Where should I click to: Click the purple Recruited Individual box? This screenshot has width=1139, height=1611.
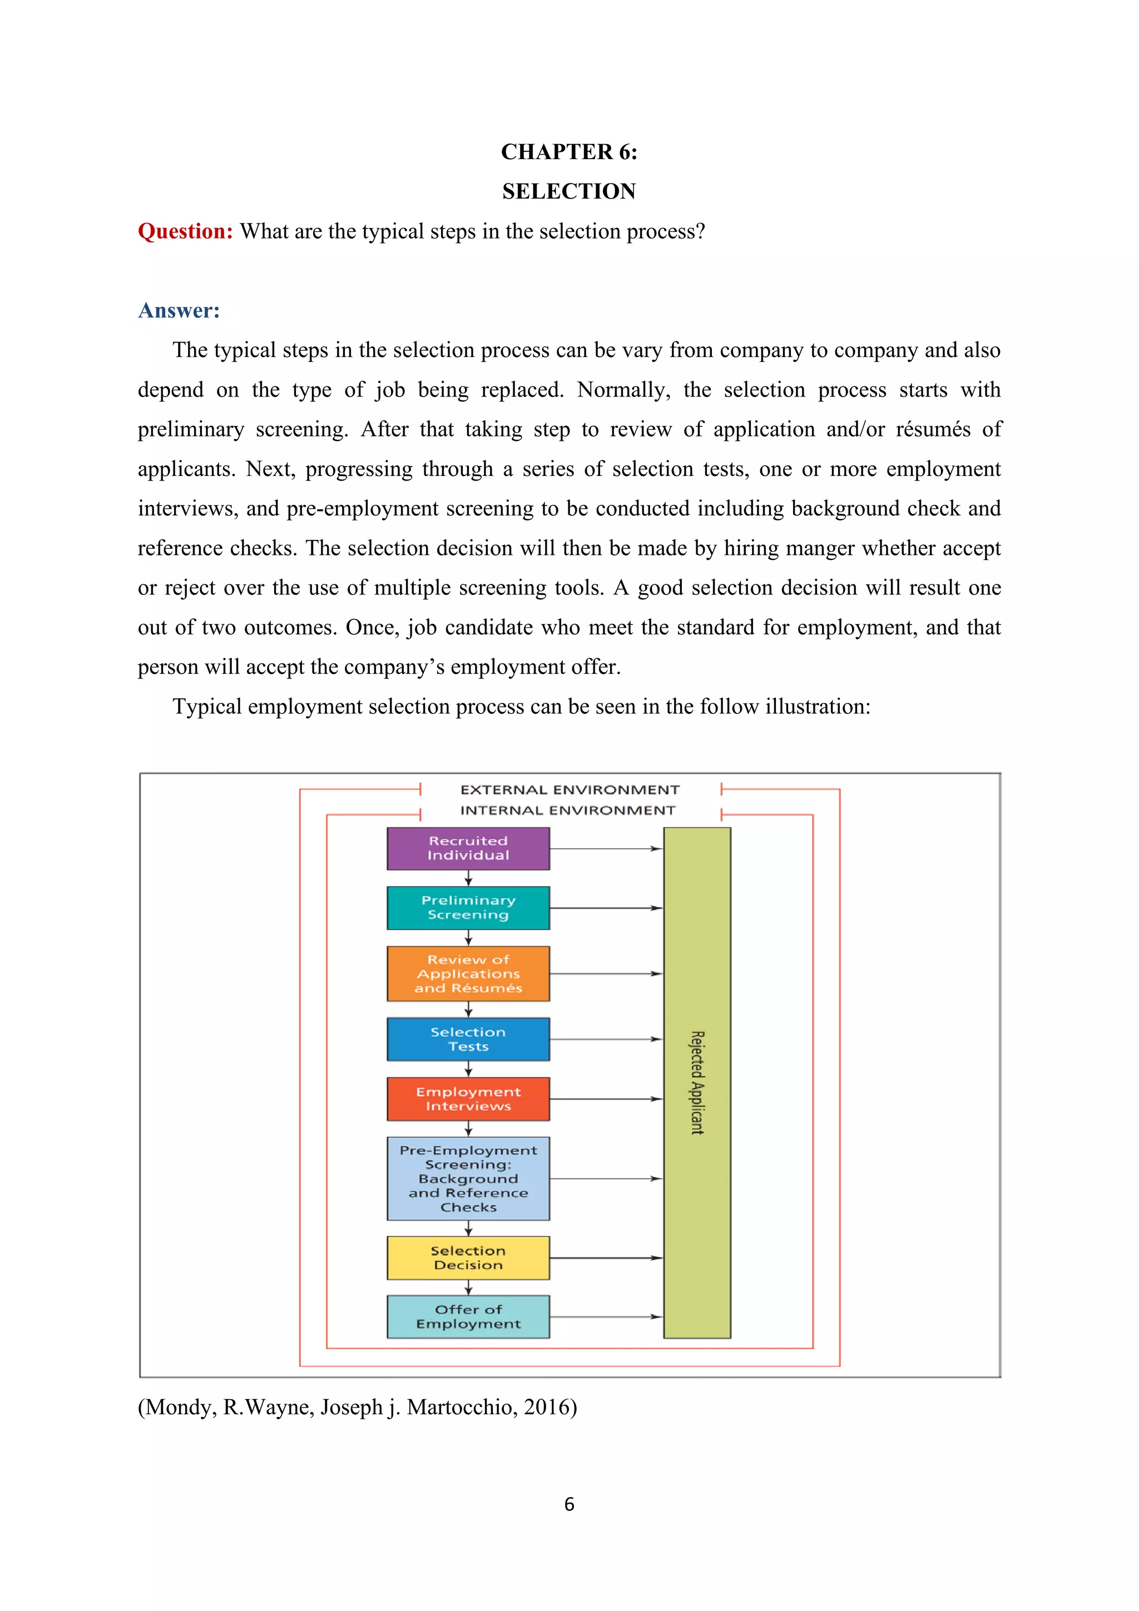coord(468,848)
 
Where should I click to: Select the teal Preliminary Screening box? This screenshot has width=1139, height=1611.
coord(468,908)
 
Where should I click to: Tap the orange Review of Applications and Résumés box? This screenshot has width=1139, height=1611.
coord(468,973)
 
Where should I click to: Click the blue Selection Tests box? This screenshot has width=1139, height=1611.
coord(468,1039)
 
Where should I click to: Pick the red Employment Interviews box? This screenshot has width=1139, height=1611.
coord(468,1099)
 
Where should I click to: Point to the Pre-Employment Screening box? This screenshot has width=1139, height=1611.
coord(468,1179)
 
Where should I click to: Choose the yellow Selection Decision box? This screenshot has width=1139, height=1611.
coord(468,1258)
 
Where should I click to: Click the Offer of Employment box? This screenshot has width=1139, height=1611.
coord(468,1317)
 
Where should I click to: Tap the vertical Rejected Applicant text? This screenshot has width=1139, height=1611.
coord(697,1083)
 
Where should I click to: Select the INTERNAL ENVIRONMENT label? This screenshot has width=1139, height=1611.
coord(568,810)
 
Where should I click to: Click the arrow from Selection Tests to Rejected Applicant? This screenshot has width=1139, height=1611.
coord(606,1039)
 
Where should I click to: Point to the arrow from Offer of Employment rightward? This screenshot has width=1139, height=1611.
coord(606,1317)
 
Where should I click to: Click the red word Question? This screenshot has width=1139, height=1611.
coord(185,231)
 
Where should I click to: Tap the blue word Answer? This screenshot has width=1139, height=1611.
coord(179,311)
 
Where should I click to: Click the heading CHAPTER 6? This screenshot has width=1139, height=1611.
coord(569,152)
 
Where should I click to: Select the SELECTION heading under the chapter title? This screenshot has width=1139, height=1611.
coord(569,191)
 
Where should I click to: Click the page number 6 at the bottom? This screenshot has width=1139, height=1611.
coord(569,1504)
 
